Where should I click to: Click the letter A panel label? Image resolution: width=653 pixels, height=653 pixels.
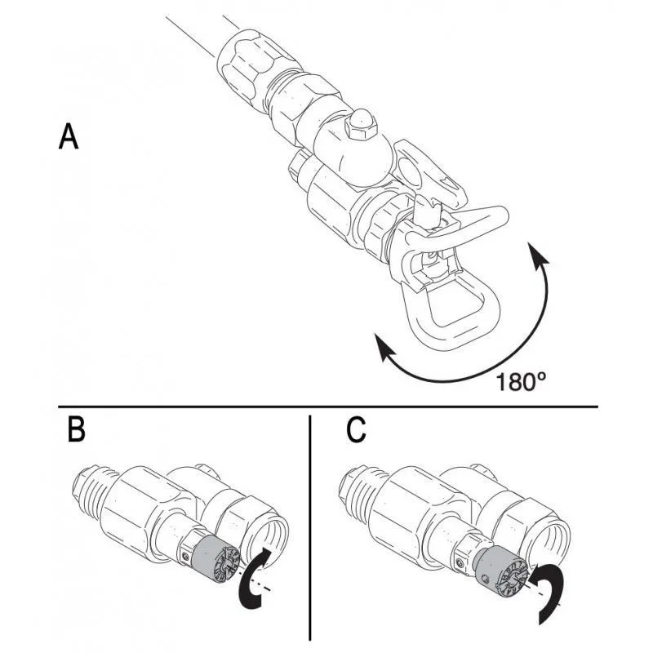[69, 136]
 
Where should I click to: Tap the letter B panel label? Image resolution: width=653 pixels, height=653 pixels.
[75, 430]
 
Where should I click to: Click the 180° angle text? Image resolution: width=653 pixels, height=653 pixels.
[520, 380]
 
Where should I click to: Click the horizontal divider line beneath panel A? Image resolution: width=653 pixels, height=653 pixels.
[326, 406]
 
